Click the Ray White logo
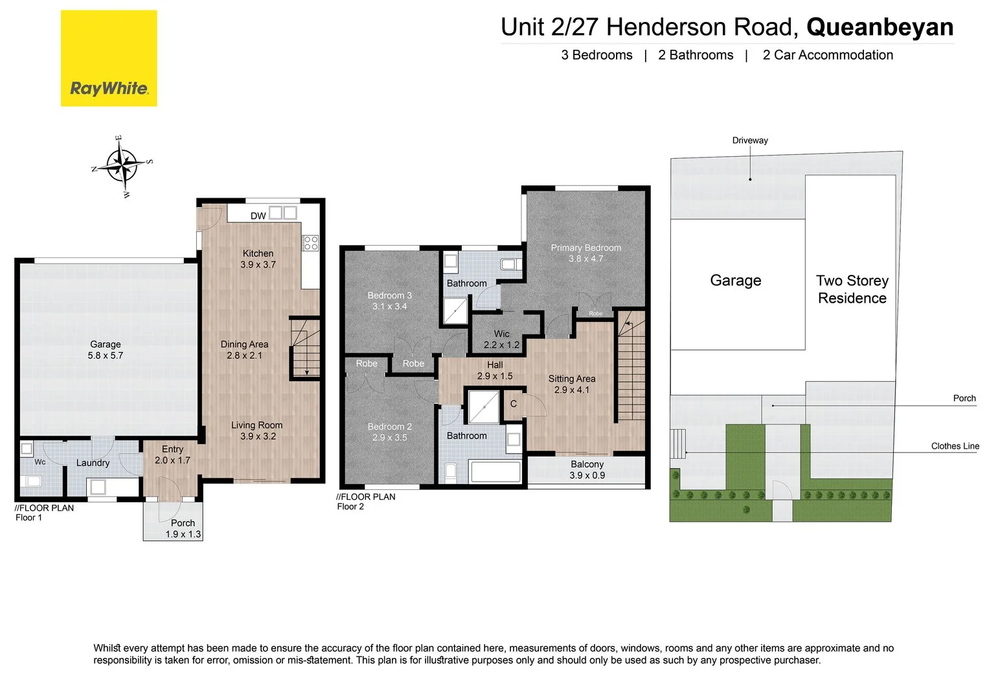point(109,58)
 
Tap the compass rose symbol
point(122,166)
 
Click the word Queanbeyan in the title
point(880,27)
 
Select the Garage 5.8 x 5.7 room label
point(106,350)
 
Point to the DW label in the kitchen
point(258,216)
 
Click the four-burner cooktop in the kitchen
point(311,243)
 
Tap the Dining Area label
point(244,350)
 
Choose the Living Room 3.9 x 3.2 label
point(258,431)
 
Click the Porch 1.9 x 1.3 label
point(183,529)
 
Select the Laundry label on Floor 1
point(93,463)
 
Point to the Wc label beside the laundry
point(40,462)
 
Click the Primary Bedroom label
point(585,253)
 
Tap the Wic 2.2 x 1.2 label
point(501,340)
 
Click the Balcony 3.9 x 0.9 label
point(587,470)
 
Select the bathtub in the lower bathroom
point(495,471)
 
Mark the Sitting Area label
point(571,384)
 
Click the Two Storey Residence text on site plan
point(852,289)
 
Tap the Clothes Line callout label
point(955,446)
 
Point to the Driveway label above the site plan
point(750,141)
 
